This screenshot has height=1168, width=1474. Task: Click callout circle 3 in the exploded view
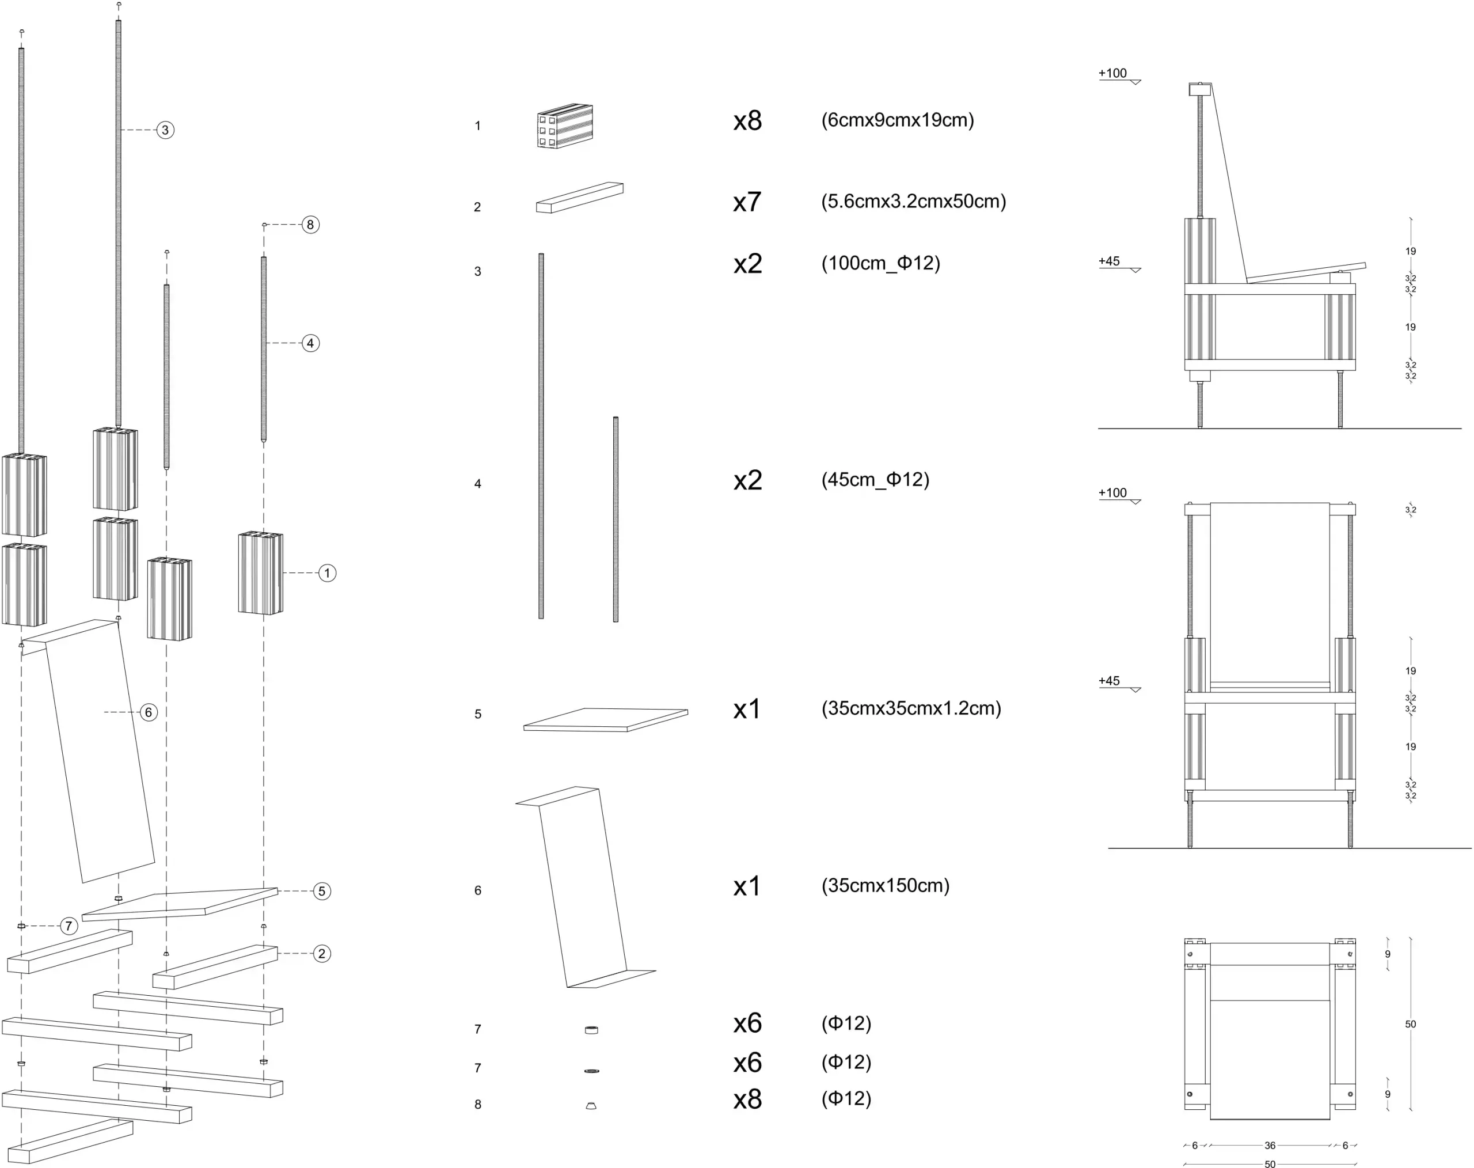[x=165, y=130]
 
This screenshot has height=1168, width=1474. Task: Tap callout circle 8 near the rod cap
[x=310, y=224]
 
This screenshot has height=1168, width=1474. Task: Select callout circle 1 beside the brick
[x=328, y=573]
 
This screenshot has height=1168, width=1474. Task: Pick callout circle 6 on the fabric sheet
[x=149, y=712]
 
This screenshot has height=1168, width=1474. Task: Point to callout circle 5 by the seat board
[x=322, y=891]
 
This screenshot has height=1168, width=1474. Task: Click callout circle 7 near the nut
[x=69, y=926]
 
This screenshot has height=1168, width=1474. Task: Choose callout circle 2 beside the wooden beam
[x=322, y=953]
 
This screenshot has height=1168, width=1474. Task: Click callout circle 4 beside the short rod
[x=310, y=343]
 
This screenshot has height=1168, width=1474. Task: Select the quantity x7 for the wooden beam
[x=747, y=202]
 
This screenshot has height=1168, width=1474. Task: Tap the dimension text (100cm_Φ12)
[x=880, y=263]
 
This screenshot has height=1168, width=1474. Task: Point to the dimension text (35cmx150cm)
[x=886, y=886]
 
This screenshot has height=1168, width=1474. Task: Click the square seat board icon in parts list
[x=606, y=719]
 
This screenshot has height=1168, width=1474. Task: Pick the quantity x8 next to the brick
[x=747, y=120]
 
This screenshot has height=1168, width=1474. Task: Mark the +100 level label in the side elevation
[x=1112, y=73]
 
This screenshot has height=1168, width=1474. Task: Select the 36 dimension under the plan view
[x=1270, y=1146]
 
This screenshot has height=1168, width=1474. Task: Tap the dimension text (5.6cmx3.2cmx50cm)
[x=913, y=202]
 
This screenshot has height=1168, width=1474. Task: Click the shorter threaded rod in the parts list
[x=616, y=519]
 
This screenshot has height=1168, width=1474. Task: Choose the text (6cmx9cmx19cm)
[x=898, y=120]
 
